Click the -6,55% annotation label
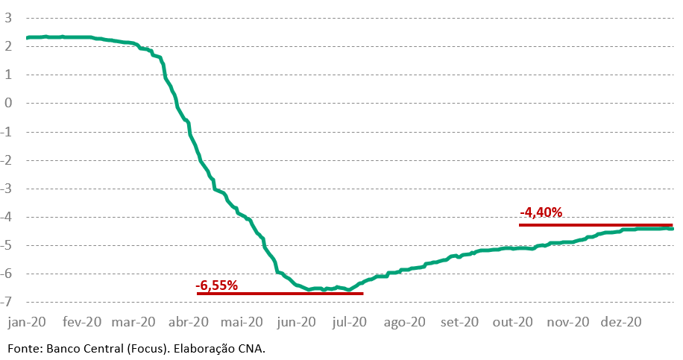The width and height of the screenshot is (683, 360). [216, 285]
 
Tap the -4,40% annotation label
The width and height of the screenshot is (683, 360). [541, 213]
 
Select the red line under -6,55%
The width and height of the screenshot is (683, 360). [280, 294]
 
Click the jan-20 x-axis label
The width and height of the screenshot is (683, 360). [26, 323]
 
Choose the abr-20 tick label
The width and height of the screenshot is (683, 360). [189, 323]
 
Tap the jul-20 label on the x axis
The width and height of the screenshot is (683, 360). [350, 323]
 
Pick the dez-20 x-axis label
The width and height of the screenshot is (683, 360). [623, 323]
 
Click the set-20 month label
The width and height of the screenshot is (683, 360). [459, 323]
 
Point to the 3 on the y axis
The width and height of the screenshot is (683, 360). [8, 18]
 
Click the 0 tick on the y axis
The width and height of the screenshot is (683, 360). [8, 104]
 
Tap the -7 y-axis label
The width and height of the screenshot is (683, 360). [7, 303]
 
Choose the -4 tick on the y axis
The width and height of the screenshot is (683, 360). [7, 217]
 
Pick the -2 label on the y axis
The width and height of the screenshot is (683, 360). [7, 160]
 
